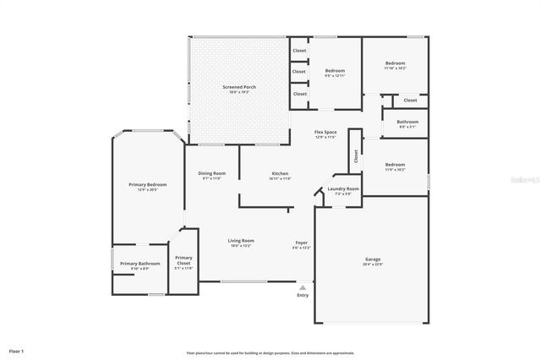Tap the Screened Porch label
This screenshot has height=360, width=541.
pos(239,88)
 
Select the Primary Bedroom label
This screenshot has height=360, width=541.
pos(147,185)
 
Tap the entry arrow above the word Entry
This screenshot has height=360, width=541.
pos(303,287)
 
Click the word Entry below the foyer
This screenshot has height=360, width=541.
pos(303,295)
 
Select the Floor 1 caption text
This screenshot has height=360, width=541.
pos(17,350)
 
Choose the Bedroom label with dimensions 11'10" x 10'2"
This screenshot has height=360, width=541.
pos(396,64)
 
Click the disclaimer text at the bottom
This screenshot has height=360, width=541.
pos(270,352)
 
